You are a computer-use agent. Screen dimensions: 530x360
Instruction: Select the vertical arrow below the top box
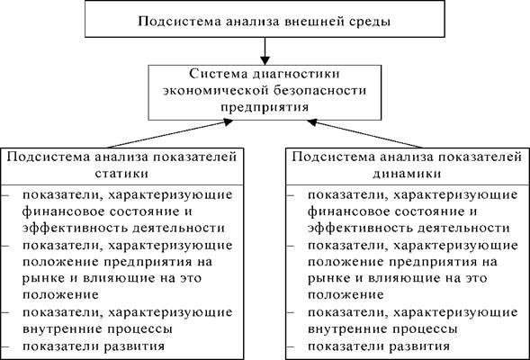[x=265, y=50]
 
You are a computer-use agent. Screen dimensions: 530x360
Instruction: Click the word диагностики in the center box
[x=296, y=75]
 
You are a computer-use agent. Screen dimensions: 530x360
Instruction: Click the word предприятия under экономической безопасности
[x=265, y=107]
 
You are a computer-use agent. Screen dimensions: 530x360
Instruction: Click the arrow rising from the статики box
[x=170, y=134]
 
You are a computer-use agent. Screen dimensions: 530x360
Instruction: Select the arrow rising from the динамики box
[x=365, y=134]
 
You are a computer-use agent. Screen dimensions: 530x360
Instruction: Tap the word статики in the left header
[x=121, y=174]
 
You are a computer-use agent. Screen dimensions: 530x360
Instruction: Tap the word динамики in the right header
[x=408, y=174]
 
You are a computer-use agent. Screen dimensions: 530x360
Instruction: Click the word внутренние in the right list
[x=345, y=328]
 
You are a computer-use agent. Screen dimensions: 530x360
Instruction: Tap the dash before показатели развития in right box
[x=290, y=346]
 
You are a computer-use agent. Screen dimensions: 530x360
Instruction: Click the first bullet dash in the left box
[x=4, y=195]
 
